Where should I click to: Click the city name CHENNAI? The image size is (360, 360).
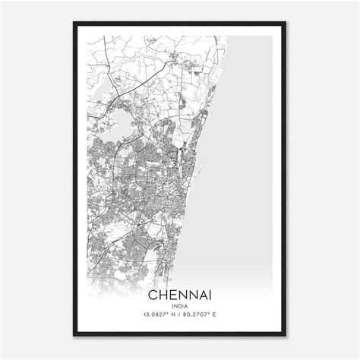180,293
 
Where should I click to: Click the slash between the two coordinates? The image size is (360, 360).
180,315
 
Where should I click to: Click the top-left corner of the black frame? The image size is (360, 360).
74,24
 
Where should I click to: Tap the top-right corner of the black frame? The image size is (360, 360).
286,24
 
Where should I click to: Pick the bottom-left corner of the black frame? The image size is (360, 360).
74,335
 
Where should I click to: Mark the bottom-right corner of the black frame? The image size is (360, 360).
286,335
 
